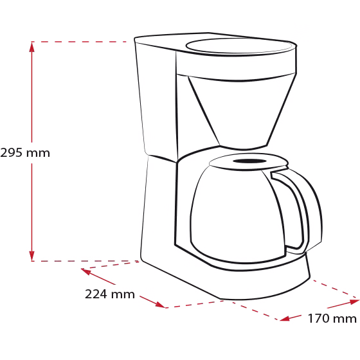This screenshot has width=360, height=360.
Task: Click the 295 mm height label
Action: pyautogui.click(x=25, y=153)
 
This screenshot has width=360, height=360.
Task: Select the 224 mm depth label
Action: pyautogui.click(x=110, y=294)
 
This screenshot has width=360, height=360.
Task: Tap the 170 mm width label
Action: pyautogui.click(x=332, y=318)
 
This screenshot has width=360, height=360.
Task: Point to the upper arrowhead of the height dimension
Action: pyautogui.click(x=32, y=46)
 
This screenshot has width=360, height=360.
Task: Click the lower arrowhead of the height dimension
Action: pyautogui.click(x=32, y=256)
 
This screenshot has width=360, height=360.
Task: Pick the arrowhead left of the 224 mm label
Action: pyautogui.click(x=86, y=271)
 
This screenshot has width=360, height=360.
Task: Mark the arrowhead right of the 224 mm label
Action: pyautogui.click(x=160, y=305)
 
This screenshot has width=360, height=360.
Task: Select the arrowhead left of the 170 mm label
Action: pyautogui.click(x=285, y=318)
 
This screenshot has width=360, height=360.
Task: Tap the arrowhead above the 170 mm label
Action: pyautogui.click(x=354, y=301)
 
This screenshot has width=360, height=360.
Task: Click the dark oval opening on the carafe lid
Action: pyautogui.click(x=249, y=161)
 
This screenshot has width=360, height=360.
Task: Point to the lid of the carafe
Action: pyautogui.click(x=248, y=162)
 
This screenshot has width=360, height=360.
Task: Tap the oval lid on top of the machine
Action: pyautogui.click(x=239, y=46)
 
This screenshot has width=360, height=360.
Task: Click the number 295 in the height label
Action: pyautogui.click(x=12, y=153)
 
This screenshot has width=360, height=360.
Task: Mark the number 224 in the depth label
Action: pyautogui.click(x=96, y=294)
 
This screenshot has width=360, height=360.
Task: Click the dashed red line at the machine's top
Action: pyautogui.click(x=78, y=42)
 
